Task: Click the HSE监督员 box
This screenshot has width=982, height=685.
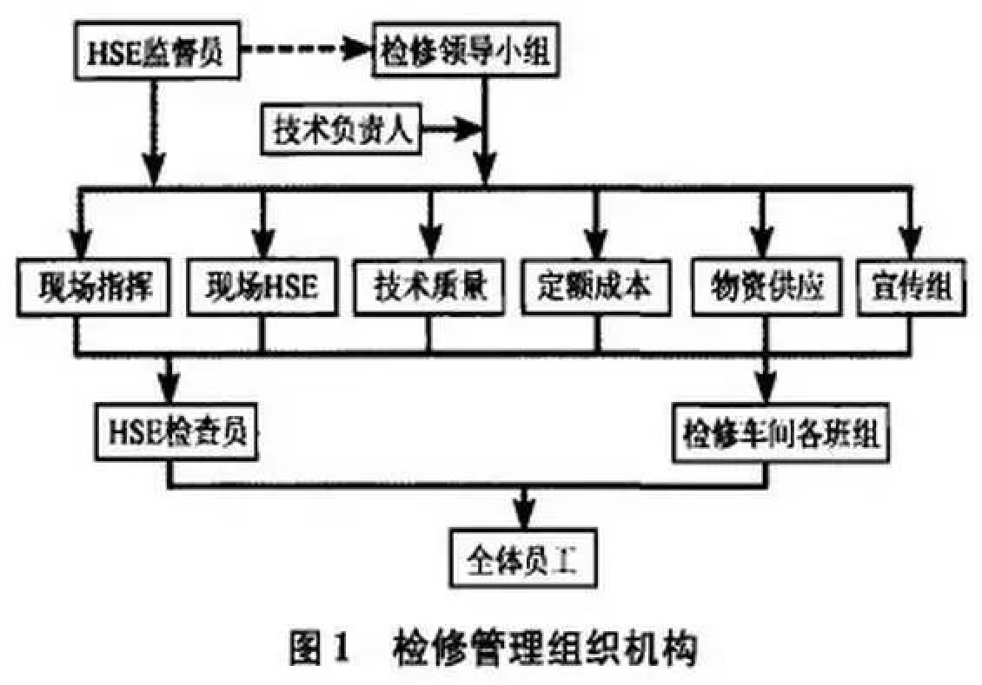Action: [155, 52]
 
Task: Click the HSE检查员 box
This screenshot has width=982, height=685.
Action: [178, 431]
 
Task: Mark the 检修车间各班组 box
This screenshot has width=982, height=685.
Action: [777, 431]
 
